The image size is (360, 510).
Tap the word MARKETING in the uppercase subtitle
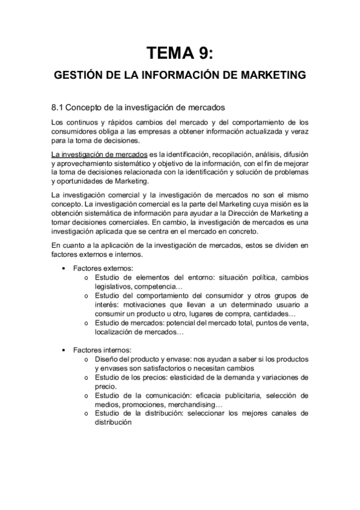click(x=273, y=76)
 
